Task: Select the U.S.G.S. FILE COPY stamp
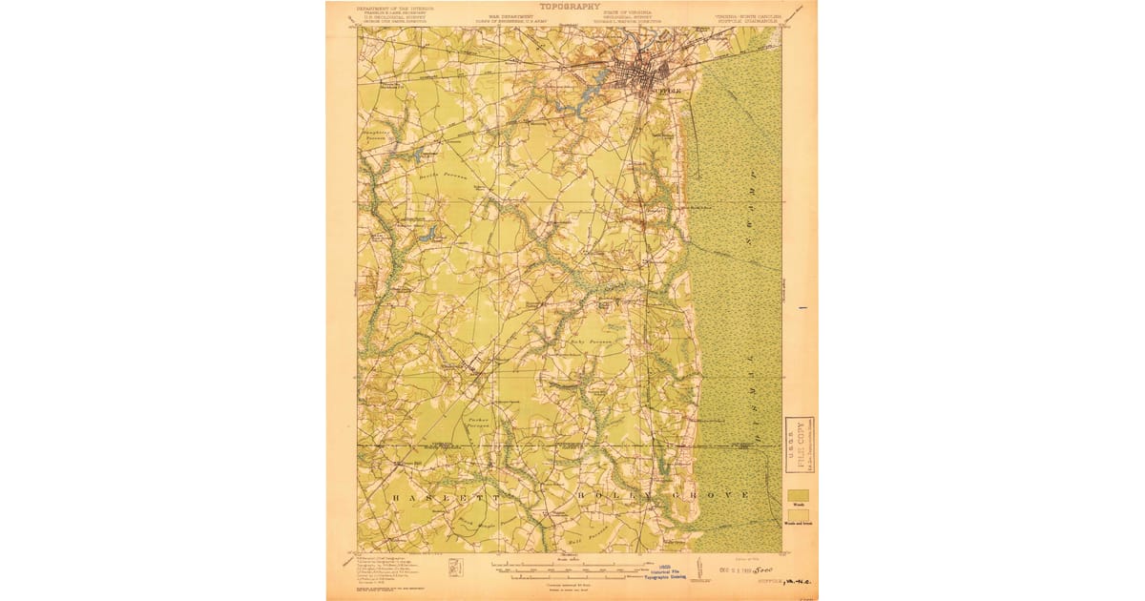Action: (799, 446)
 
